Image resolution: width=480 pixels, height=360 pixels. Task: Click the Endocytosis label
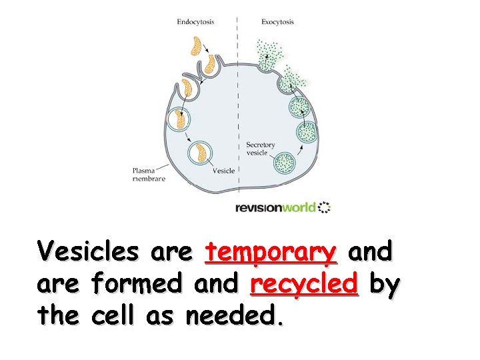pyautogui.click(x=195, y=22)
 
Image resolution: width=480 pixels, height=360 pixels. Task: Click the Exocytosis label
pyautogui.click(x=277, y=22)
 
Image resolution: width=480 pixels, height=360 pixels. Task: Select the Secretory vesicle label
pyautogui.click(x=260, y=149)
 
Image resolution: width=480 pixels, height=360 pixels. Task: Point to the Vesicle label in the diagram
pyautogui.click(x=223, y=171)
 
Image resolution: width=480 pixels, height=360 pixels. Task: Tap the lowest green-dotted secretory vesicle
pyautogui.click(x=285, y=162)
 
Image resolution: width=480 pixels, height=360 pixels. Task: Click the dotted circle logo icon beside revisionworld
pyautogui.click(x=324, y=207)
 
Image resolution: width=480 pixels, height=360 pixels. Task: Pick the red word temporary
pyautogui.click(x=270, y=253)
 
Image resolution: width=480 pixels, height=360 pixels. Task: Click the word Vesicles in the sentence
pyautogui.click(x=89, y=253)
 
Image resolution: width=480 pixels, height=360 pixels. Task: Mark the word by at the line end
pyautogui.click(x=385, y=286)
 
